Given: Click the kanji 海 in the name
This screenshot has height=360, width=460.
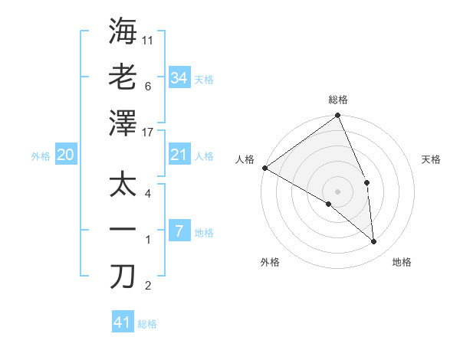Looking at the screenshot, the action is tap(123, 31).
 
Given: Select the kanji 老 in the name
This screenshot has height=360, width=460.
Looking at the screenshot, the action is tap(123, 77).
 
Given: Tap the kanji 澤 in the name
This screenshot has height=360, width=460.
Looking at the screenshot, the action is tap(123, 123).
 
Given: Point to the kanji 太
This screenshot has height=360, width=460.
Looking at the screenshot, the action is tap(123, 184).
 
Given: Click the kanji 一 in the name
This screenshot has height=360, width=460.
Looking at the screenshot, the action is tap(123, 230).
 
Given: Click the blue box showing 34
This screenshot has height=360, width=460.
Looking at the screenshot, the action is tap(179, 78).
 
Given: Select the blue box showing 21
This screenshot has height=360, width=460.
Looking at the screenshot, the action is tap(179, 155).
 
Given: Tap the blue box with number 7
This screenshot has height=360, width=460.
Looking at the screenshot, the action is tap(179, 231).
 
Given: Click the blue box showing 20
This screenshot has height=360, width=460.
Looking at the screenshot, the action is tap(65, 155).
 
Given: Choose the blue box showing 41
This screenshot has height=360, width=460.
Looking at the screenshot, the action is tap(123, 322).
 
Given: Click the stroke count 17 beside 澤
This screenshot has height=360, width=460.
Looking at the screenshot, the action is tap(149, 132).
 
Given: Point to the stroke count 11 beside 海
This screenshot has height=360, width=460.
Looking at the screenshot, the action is tap(149, 40).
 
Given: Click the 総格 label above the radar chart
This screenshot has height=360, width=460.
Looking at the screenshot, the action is tap(338, 100).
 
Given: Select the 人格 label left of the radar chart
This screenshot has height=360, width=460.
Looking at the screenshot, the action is tap(245, 159).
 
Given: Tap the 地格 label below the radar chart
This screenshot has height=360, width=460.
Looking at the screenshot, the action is tap(402, 262).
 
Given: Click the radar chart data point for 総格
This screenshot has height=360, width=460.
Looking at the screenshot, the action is tap(338, 116).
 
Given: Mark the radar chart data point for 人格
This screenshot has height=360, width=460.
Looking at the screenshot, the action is tap(264, 168).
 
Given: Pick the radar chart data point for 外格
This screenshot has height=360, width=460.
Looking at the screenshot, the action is tap(329, 204).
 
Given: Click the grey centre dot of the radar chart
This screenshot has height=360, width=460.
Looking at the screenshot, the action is tap(338, 191).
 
